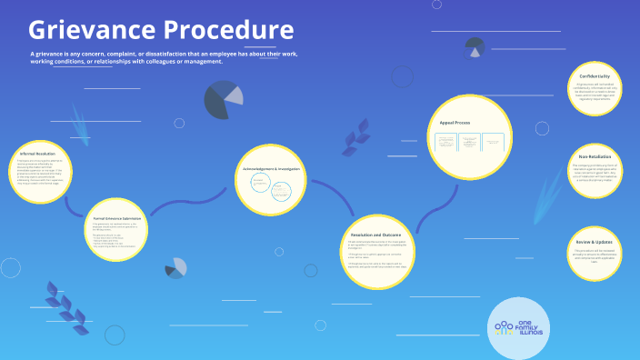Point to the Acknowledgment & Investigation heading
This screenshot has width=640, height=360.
272,168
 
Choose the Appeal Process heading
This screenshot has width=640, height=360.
455,122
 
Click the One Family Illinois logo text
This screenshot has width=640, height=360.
532,327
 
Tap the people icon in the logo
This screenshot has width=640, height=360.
503,327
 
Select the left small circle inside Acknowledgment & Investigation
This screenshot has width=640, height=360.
259,185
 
